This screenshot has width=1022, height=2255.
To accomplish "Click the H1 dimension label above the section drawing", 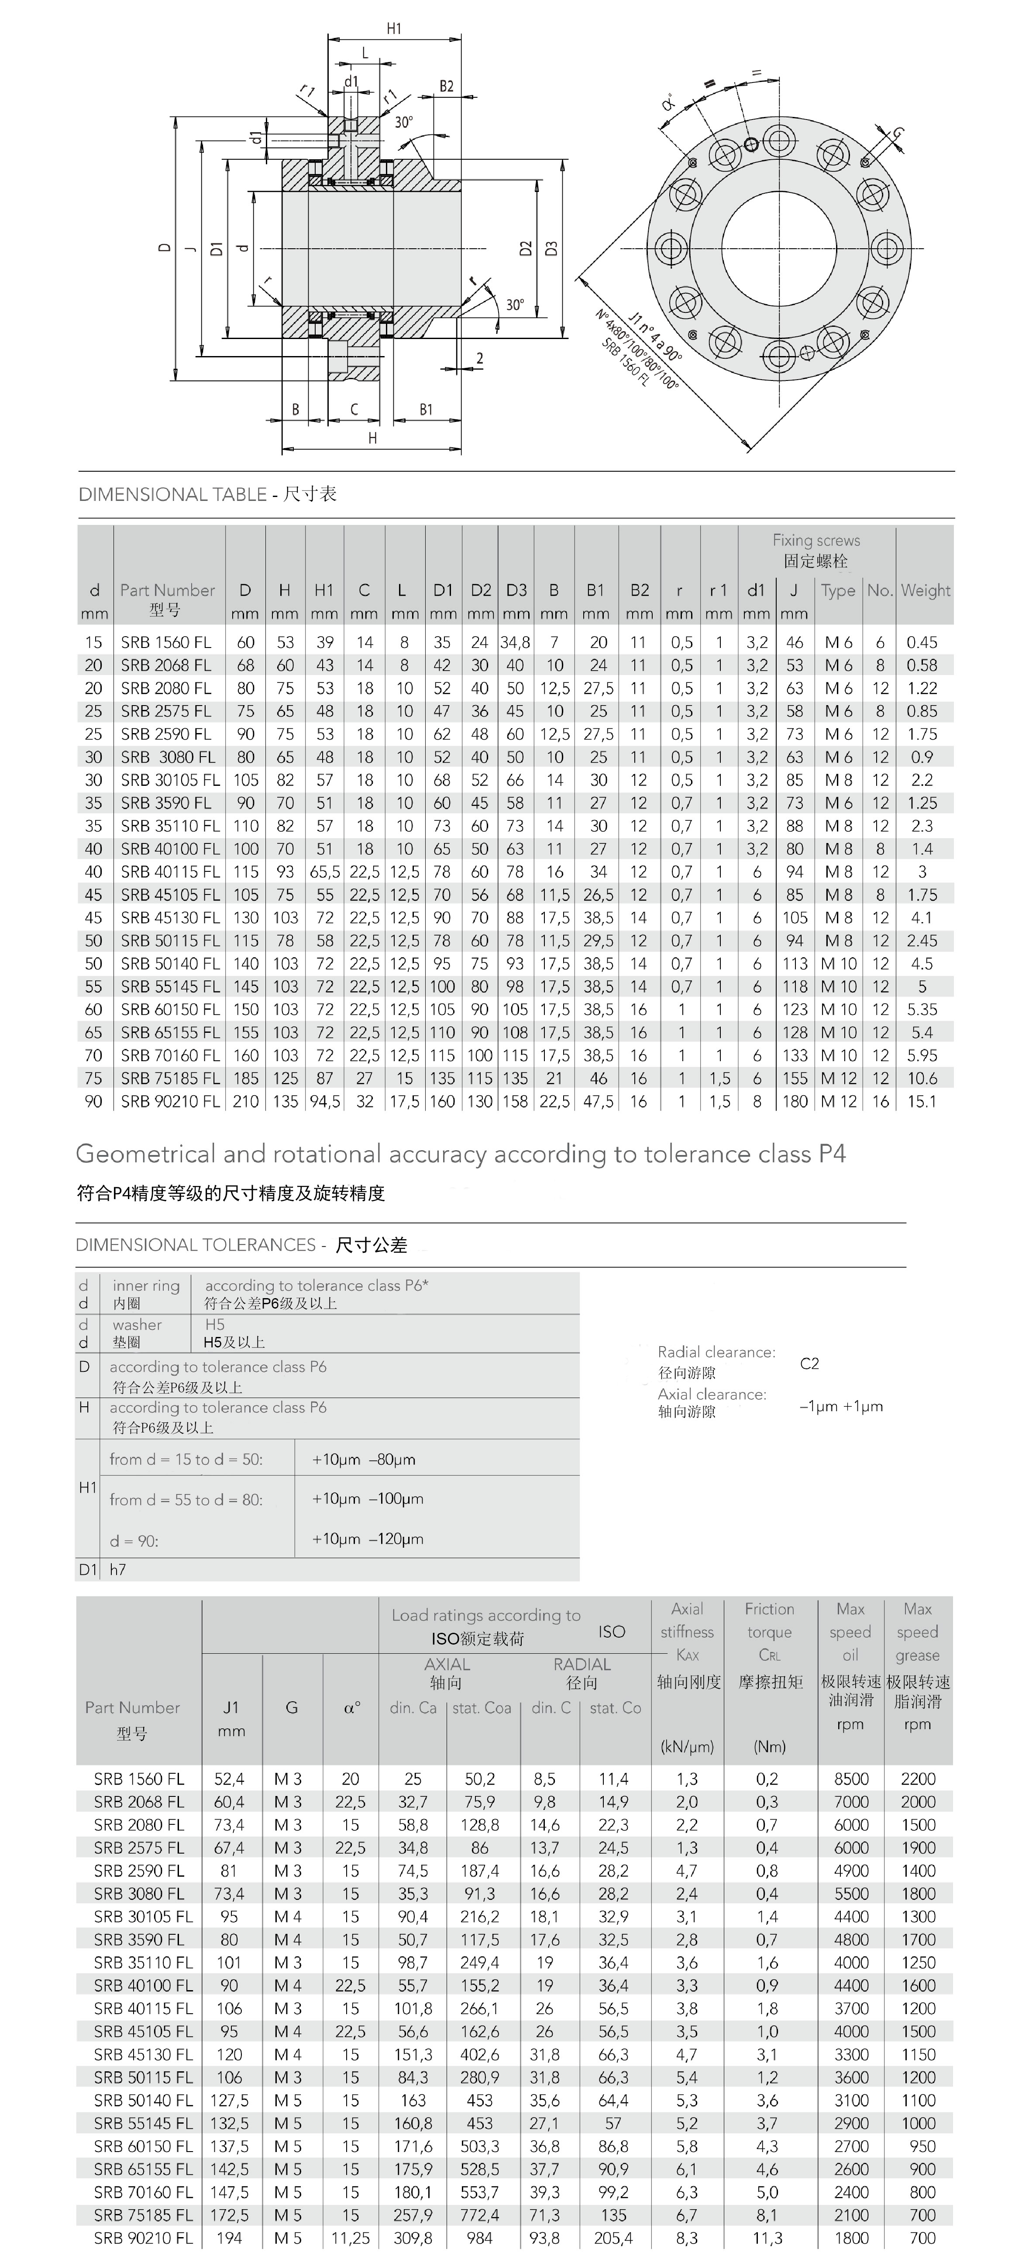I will pyautogui.click(x=394, y=29).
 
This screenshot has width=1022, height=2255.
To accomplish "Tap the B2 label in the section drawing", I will pyautogui.click(x=447, y=87).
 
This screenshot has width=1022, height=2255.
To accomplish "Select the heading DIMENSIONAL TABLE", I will pyautogui.click(x=172, y=495).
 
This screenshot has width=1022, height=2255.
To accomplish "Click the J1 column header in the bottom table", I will pyautogui.click(x=231, y=1707).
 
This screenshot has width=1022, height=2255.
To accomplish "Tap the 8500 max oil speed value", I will pyautogui.click(x=850, y=1779).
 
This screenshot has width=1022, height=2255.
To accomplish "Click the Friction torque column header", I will pyautogui.click(x=769, y=1632).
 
